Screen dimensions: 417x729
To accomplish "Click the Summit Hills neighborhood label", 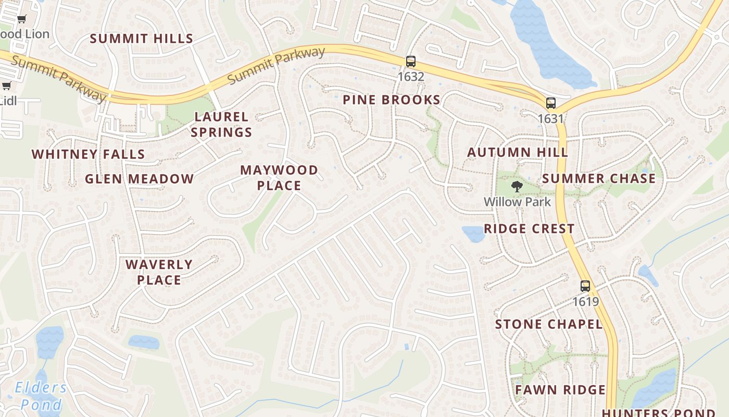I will [142, 39].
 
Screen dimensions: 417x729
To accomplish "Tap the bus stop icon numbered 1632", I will [411, 62].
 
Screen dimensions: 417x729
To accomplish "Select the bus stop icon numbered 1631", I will [551, 103].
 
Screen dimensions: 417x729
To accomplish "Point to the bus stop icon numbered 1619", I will [585, 286].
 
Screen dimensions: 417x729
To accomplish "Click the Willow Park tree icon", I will [517, 187].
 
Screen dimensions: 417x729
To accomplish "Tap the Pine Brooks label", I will [392, 100].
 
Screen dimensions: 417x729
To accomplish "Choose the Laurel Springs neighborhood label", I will [221, 125].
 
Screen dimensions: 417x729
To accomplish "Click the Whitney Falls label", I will [89, 154].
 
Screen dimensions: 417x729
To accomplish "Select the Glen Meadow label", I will [140, 179].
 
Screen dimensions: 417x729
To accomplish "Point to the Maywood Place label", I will [279, 178].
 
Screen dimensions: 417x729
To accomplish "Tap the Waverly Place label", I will [159, 272].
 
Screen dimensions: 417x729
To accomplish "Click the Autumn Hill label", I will [518, 152].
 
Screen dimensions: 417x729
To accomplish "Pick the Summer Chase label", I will [599, 179].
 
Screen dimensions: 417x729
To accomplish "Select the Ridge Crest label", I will [529, 229].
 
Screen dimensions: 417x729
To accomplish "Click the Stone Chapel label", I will [549, 324].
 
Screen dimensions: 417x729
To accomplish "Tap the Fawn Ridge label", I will [560, 390].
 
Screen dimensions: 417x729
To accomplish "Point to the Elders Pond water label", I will [41, 396].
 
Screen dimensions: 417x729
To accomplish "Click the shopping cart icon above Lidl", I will [6, 86].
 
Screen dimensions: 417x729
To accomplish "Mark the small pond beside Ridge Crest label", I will [473, 234].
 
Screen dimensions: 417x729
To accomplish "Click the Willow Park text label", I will [517, 202].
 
